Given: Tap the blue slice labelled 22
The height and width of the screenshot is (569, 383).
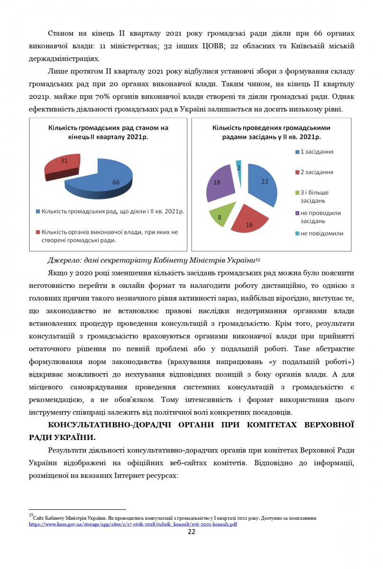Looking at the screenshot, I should (x=263, y=183).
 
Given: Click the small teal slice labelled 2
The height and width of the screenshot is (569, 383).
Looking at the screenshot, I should (x=238, y=167).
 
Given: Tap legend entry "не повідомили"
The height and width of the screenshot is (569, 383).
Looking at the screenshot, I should (x=321, y=233).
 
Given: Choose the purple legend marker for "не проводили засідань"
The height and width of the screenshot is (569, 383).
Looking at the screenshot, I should (x=297, y=213).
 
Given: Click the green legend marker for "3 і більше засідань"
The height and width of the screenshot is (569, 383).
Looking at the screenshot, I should (x=297, y=193).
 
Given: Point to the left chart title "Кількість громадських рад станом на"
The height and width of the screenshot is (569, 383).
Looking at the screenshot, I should (x=108, y=128).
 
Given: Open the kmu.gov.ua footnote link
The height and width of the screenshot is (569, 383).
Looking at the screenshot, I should (x=133, y=524).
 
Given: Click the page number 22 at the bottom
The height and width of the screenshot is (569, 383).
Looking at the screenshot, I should (x=191, y=532).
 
